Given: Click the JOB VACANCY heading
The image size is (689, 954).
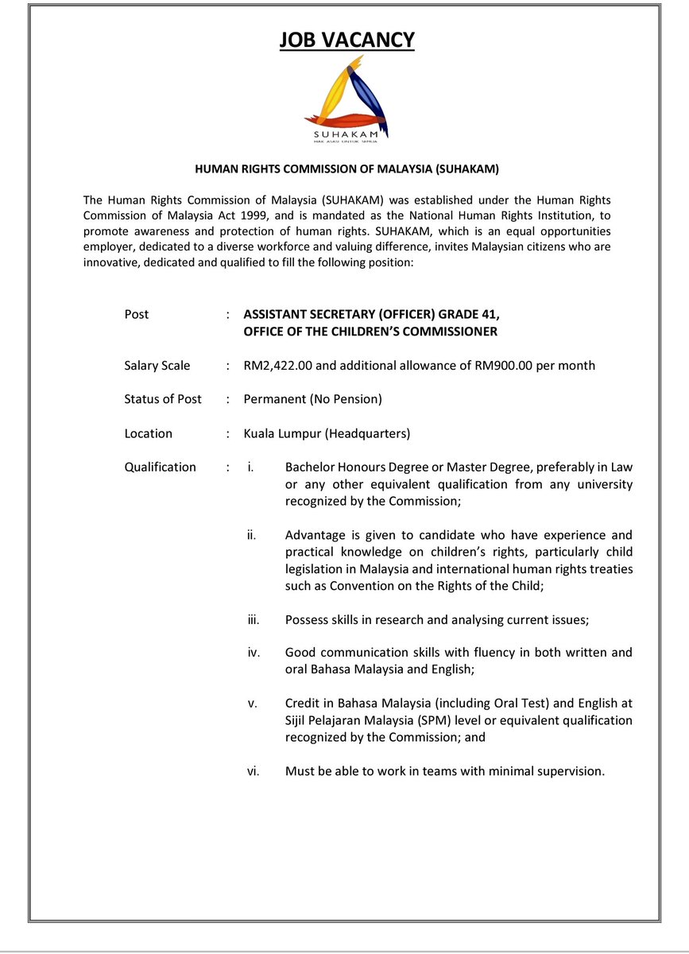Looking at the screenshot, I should click(346, 40).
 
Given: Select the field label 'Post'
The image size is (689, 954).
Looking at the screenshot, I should click(137, 314).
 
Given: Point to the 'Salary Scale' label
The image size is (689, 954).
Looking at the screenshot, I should click(157, 366).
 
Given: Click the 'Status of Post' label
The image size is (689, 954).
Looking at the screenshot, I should click(163, 399).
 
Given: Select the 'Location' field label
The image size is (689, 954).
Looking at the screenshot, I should click(149, 433).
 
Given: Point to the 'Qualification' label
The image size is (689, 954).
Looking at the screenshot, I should click(161, 467).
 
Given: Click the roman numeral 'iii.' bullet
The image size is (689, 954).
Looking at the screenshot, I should click(254, 619).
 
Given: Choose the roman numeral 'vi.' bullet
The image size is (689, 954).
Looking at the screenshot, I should click(254, 770).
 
